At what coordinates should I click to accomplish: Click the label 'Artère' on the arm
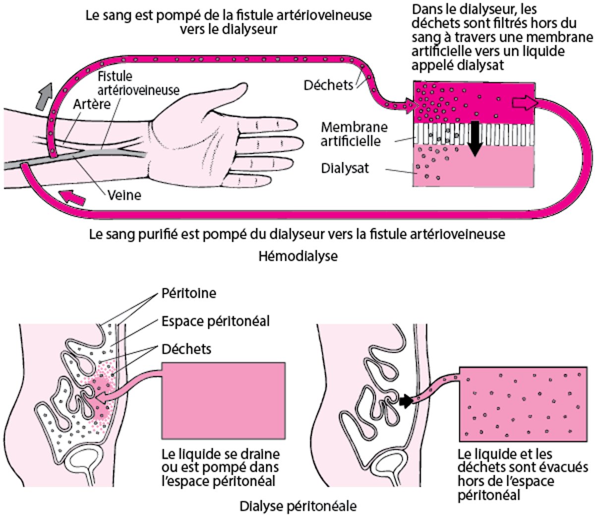tap(92, 105)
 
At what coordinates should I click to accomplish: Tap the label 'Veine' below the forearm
tap(124, 195)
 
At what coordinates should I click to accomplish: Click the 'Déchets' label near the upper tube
tap(328, 85)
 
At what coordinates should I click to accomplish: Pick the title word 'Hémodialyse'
tap(297, 256)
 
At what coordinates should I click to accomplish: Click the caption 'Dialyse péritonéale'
tap(297, 507)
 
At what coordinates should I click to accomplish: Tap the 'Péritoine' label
tap(189, 293)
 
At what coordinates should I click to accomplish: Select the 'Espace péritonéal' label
tap(216, 321)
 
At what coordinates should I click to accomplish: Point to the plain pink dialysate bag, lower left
tap(223, 401)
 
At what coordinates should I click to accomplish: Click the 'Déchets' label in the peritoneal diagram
tap(186, 349)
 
